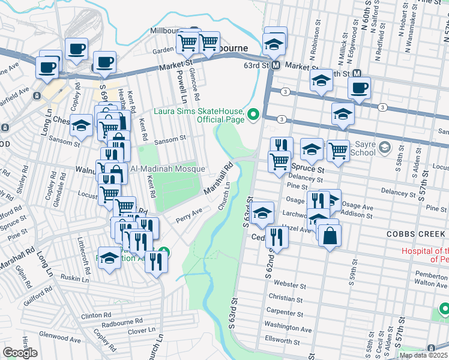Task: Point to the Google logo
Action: coord(20,353)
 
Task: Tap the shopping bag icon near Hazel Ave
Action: coord(330,235)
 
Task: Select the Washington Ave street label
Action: coord(288,329)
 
